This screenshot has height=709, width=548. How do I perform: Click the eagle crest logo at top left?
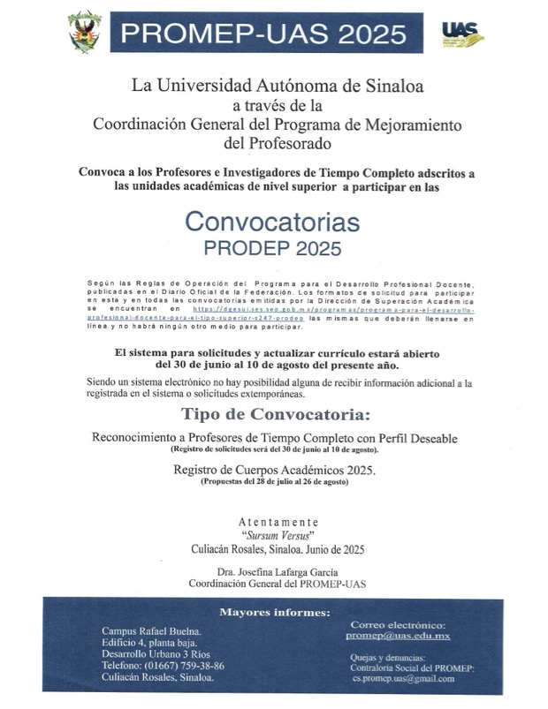(86, 32)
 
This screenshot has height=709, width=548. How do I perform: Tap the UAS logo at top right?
(462, 34)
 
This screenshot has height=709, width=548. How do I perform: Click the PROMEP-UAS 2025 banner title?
(264, 34)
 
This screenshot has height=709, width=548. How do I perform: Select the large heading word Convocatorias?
(273, 219)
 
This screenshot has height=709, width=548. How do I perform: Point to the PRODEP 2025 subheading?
(273, 249)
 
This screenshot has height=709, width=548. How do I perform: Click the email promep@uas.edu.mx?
(398, 636)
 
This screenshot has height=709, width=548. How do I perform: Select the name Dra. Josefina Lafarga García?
(278, 571)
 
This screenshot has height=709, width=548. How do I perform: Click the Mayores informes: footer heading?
(275, 613)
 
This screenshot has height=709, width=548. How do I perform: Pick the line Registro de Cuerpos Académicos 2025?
(275, 470)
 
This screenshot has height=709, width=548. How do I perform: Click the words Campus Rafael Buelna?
(150, 631)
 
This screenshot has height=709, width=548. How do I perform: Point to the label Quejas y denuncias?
(386, 657)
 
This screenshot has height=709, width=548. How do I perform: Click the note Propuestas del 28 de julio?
(275, 482)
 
